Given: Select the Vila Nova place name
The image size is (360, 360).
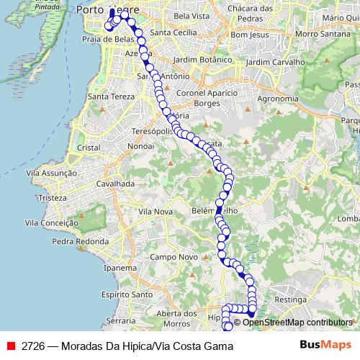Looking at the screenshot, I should pyautogui.click(x=155, y=212).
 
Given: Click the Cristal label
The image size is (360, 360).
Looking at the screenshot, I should pyautogui.click(x=88, y=147).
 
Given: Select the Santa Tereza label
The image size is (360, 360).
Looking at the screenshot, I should pyautogui.click(x=107, y=96).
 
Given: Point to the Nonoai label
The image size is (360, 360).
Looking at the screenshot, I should pyautogui.click(x=140, y=145).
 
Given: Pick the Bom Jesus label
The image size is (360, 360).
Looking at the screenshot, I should pyautogui.click(x=249, y=35).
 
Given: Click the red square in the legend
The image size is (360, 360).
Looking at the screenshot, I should pyautogui.click(x=11, y=346).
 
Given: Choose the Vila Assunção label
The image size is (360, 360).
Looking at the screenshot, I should pyautogui.click(x=50, y=173).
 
